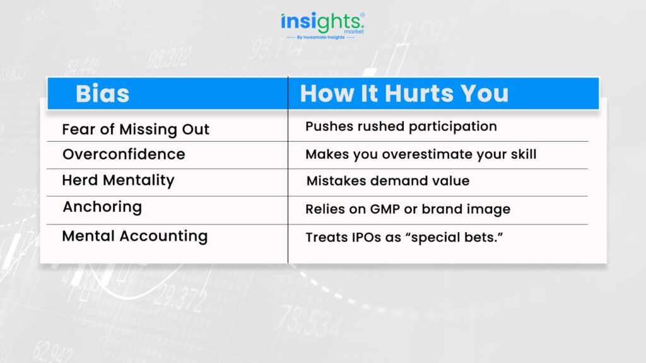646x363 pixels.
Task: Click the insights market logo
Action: (x=322, y=26)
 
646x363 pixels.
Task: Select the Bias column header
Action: (x=102, y=93)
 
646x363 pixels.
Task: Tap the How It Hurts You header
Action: (x=404, y=93)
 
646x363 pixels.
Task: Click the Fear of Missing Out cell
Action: (x=136, y=129)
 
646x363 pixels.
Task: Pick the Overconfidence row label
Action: (x=124, y=154)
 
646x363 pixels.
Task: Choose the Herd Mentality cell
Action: (x=118, y=180)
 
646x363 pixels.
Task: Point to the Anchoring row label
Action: (x=102, y=207)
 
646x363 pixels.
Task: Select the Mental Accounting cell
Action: (x=135, y=236)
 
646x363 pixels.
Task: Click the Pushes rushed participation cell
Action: (x=401, y=127)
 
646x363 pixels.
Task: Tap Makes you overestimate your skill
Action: (x=421, y=154)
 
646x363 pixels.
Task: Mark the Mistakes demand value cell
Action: (x=388, y=181)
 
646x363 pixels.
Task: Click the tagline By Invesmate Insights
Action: (x=320, y=37)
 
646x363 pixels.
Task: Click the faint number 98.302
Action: (x=169, y=57)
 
